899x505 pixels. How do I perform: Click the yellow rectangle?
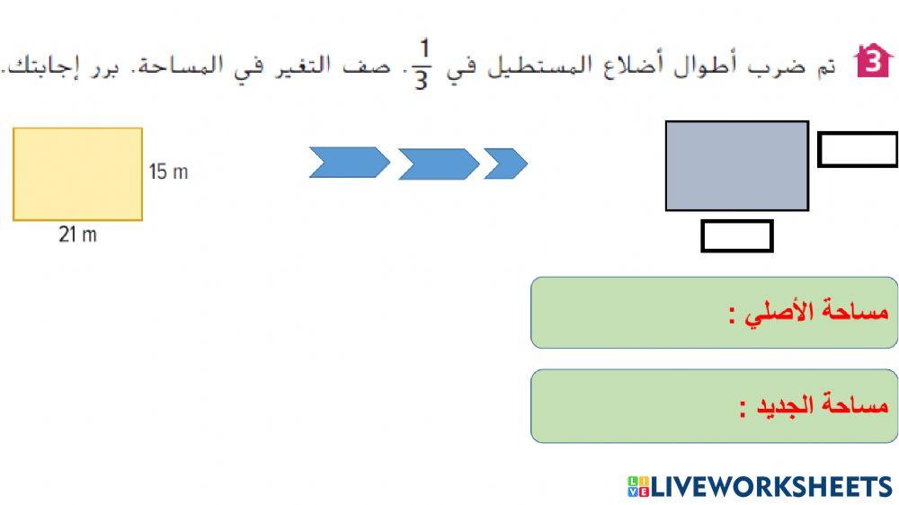[x=77, y=173]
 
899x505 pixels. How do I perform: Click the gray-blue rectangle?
[x=736, y=165]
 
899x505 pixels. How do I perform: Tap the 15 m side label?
[x=168, y=172]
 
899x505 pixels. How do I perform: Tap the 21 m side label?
[x=77, y=235]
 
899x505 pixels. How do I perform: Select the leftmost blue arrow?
[x=349, y=163]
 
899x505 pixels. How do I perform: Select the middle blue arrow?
[x=438, y=164]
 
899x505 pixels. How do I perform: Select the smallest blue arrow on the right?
[x=505, y=163]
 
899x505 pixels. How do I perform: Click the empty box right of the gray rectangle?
[x=857, y=149]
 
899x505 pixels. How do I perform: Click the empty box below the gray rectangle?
[x=736, y=235]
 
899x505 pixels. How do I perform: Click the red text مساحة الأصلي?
[x=808, y=313]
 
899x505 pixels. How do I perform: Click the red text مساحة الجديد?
[x=814, y=406]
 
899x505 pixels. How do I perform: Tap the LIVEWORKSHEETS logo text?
[x=770, y=487]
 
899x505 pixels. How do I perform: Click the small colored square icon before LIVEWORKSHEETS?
[x=637, y=487]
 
